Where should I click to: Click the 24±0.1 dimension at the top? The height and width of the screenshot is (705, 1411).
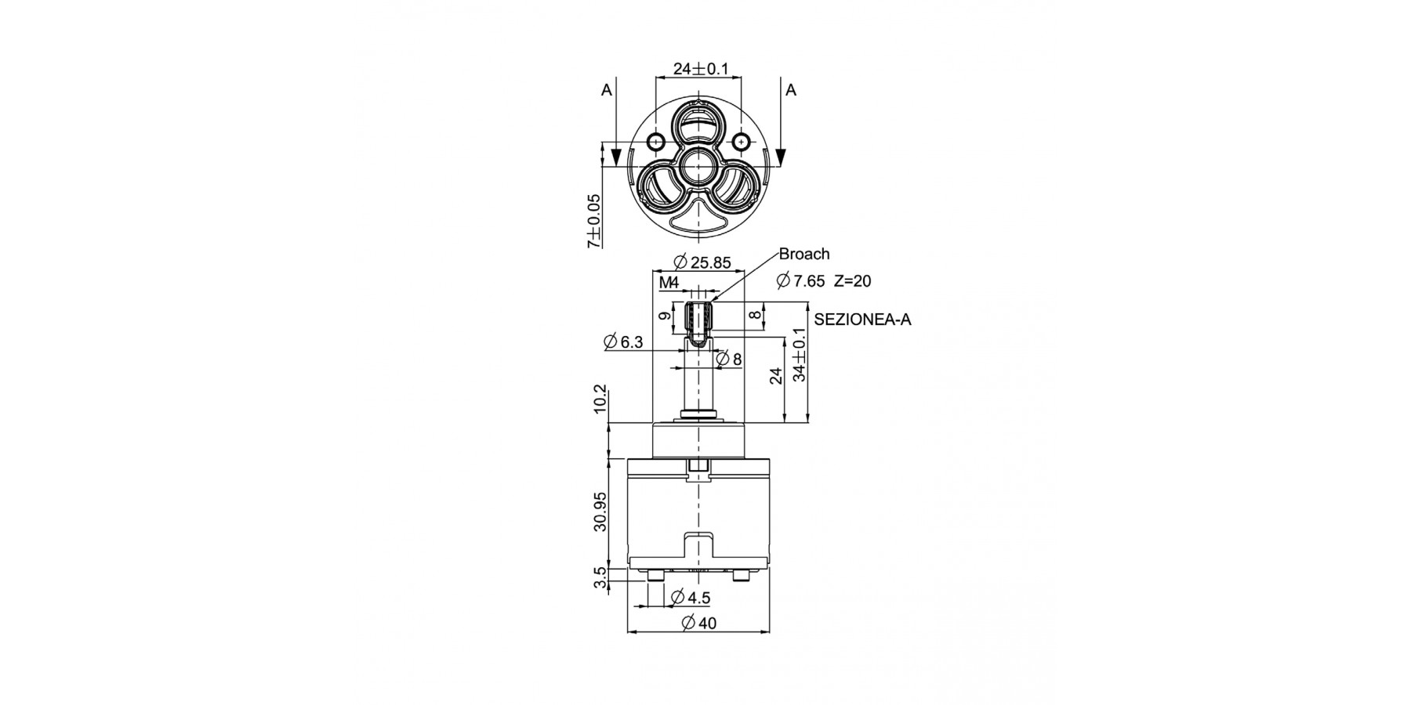click(x=700, y=69)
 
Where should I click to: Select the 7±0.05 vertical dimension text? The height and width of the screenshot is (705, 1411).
click(x=595, y=222)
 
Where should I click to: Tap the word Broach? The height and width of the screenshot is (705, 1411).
click(x=803, y=254)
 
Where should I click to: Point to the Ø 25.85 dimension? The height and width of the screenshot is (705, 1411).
click(x=702, y=262)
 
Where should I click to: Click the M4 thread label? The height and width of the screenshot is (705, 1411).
click(x=669, y=282)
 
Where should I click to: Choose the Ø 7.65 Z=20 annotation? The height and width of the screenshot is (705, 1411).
click(x=823, y=280)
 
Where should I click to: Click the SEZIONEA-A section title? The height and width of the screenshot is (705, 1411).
click(x=863, y=320)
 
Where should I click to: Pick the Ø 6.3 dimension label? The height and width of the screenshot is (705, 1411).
click(x=623, y=342)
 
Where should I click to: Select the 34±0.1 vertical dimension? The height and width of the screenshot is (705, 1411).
click(x=799, y=354)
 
